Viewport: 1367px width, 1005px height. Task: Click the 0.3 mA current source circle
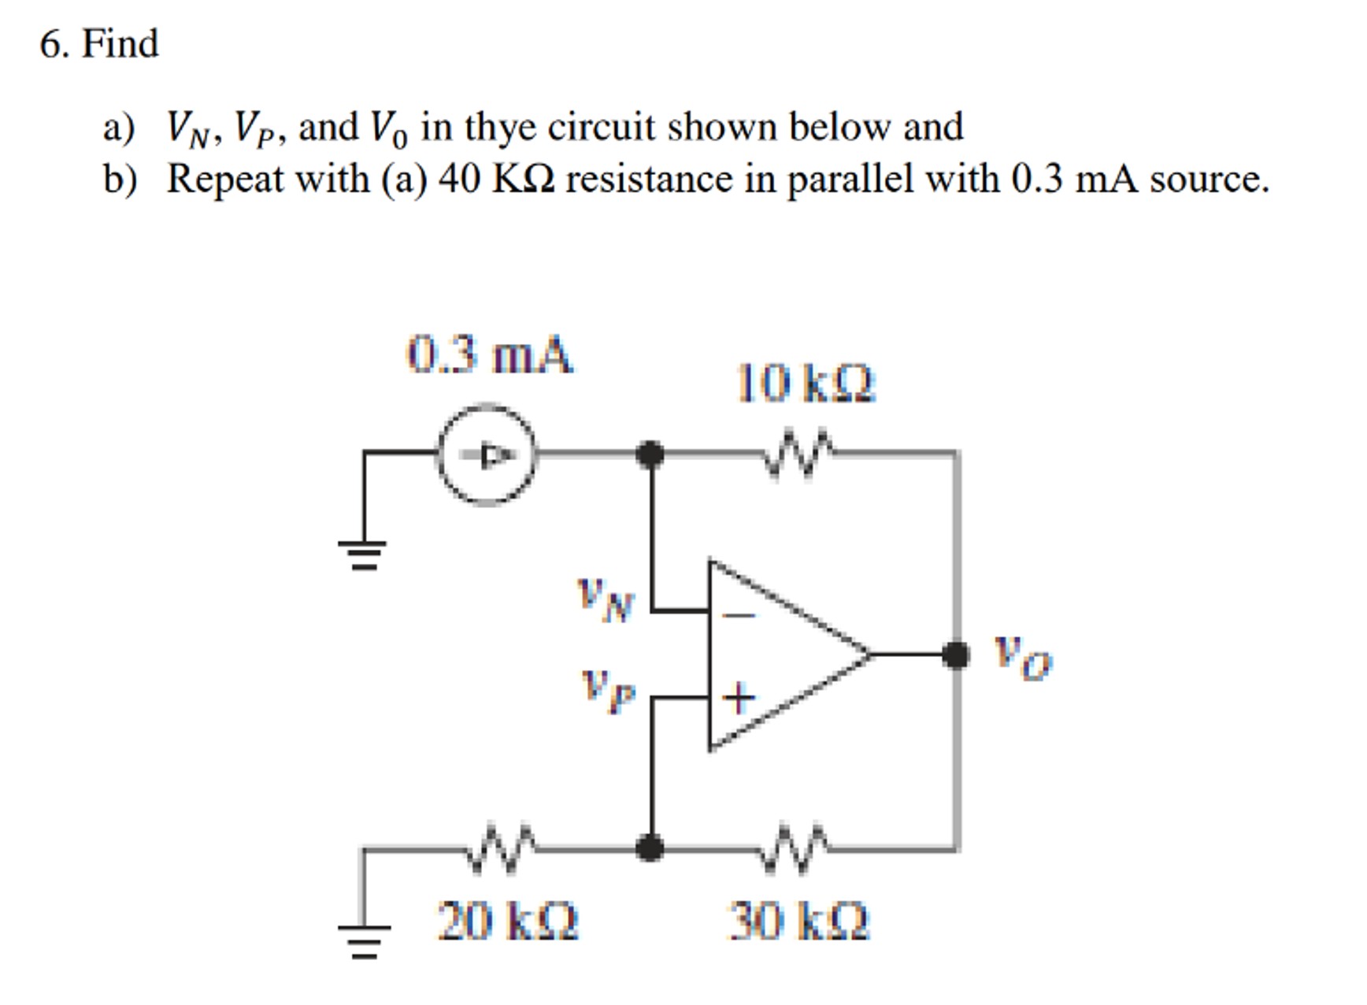(487, 455)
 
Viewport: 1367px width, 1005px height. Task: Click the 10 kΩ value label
(806, 384)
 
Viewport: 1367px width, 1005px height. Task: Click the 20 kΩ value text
(508, 921)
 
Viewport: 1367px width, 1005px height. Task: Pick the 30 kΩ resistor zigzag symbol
(797, 848)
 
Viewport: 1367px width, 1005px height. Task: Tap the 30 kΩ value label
(798, 921)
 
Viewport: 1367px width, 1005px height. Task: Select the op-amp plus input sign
(739, 698)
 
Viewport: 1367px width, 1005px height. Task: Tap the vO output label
(1021, 658)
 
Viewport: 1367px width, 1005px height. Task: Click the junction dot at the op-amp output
(956, 654)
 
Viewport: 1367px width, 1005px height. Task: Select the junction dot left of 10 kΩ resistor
(650, 454)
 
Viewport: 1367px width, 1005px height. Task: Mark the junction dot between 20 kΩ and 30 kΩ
(650, 848)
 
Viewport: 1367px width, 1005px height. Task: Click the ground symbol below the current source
(362, 554)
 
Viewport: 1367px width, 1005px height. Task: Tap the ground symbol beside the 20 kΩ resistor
(363, 940)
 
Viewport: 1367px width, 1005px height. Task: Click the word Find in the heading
(120, 43)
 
